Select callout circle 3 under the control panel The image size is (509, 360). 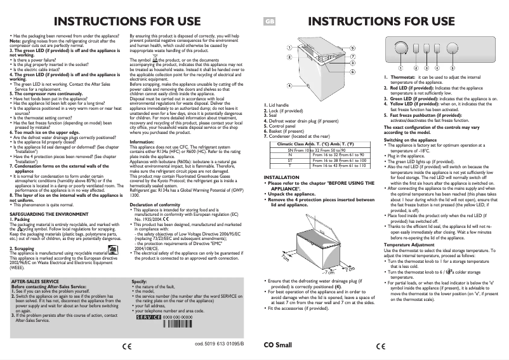pos(426,67)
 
